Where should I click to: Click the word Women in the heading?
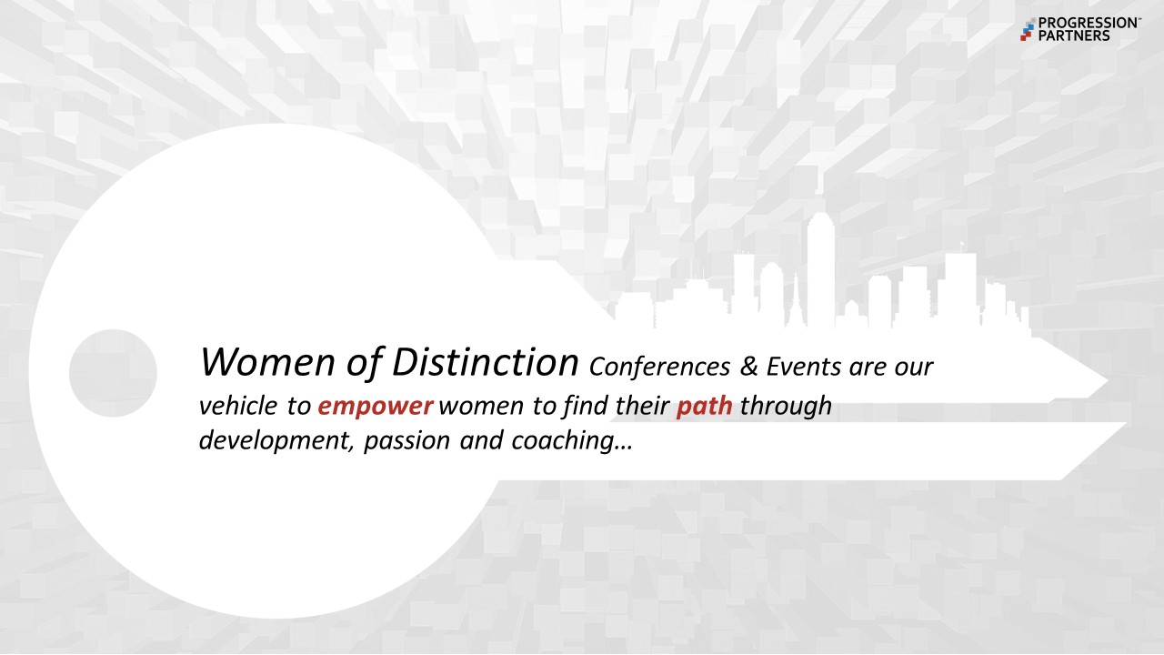click(267, 362)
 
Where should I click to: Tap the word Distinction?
click(485, 362)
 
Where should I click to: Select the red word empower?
click(376, 407)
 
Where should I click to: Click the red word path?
click(704, 406)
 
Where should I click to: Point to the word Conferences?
click(659, 367)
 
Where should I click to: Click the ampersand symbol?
click(748, 367)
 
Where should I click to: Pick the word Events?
click(803, 367)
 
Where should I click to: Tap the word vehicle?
click(238, 406)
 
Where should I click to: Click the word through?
click(786, 407)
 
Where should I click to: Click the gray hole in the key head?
click(113, 373)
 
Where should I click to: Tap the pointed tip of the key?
click(1108, 381)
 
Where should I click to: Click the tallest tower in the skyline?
click(821, 270)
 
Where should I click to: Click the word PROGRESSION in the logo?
click(1087, 24)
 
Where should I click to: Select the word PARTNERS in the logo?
click(1074, 35)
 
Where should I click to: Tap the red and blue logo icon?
click(1028, 29)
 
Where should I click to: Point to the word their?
click(643, 406)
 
